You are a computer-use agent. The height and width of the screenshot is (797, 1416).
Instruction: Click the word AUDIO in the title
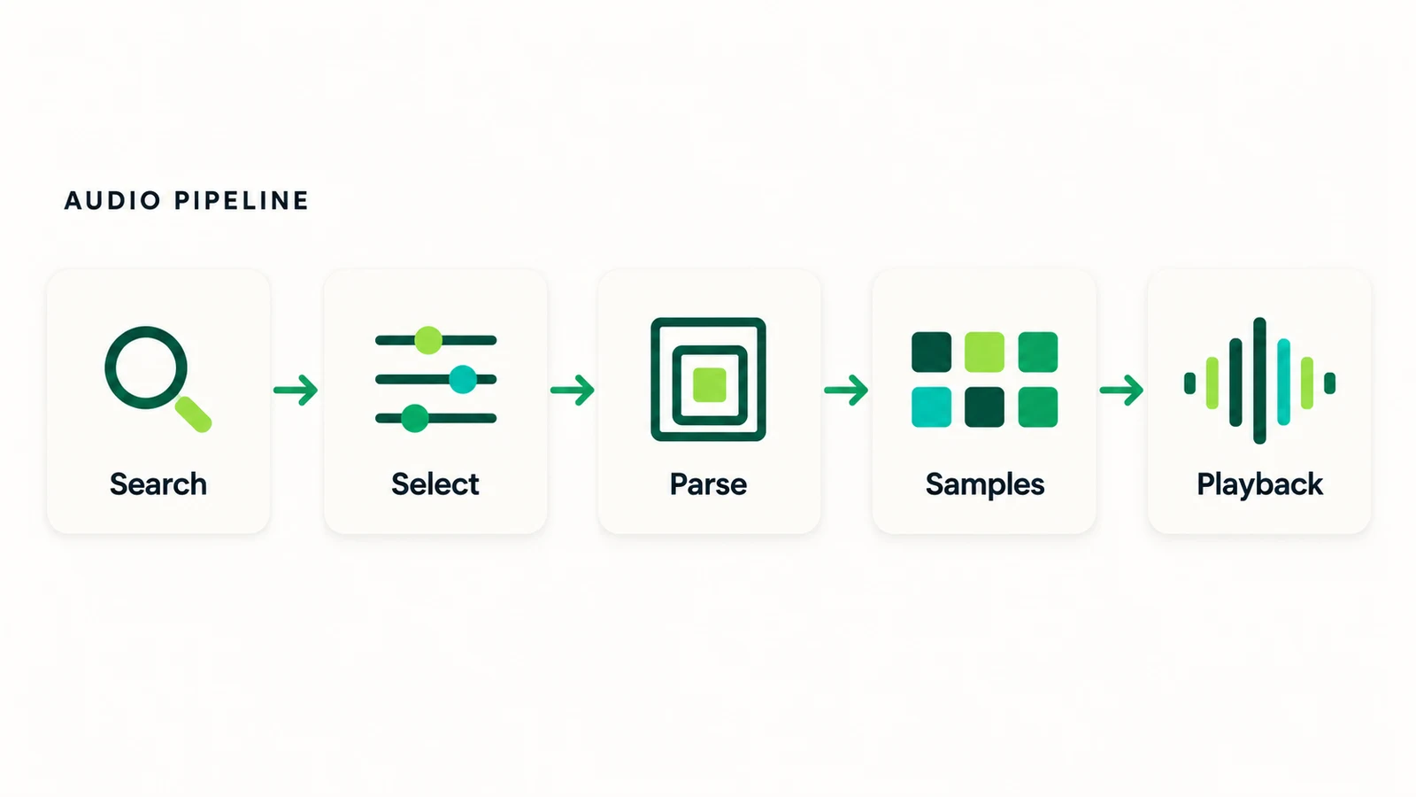113,200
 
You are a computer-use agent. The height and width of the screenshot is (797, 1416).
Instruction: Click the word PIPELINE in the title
242,200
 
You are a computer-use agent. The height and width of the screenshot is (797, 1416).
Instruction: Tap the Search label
158,484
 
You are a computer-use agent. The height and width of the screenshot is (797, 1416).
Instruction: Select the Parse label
708,484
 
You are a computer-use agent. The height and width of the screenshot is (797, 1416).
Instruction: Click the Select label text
435,484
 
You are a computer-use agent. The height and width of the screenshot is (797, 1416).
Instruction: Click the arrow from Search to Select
296,390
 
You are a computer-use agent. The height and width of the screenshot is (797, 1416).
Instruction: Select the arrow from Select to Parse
572,390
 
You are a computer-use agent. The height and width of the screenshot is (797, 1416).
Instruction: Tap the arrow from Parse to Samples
846,390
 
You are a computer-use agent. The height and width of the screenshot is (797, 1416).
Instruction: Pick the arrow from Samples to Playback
1121,390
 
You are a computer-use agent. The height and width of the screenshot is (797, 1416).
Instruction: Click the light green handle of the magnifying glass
193,414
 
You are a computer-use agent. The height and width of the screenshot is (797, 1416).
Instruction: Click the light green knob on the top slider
428,340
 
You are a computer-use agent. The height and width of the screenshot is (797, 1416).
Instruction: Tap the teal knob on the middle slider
463,380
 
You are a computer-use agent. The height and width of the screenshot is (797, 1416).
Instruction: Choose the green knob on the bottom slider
415,418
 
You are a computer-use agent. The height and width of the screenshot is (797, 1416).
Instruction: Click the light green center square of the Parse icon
709,384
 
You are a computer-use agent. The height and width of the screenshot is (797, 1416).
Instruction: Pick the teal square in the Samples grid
931,407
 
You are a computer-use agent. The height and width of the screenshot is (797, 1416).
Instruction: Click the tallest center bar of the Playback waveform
1260,381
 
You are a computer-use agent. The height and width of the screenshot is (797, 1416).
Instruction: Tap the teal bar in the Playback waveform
1283,382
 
